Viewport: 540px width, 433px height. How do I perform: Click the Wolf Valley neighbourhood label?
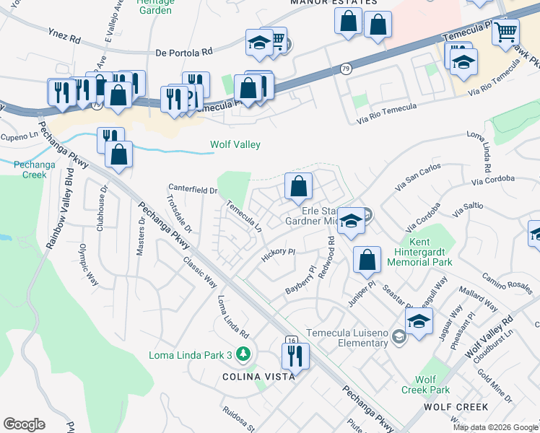tap(235, 145)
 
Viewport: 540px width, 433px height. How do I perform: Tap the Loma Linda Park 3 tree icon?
tap(244, 354)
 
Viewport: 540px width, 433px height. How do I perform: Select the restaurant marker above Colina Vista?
tap(295, 355)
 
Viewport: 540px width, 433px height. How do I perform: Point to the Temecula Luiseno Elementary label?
tap(347, 338)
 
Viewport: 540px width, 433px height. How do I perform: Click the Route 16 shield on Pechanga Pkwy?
tap(291, 340)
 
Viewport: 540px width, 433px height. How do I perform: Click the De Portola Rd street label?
tap(185, 52)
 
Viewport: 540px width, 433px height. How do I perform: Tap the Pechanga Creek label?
tap(30, 170)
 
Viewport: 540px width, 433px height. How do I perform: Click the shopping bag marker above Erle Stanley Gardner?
tap(298, 187)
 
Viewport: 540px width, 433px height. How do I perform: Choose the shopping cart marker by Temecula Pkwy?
tap(505, 31)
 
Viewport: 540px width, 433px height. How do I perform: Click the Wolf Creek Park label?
tap(433, 385)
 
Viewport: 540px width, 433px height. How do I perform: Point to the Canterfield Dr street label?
tap(193, 190)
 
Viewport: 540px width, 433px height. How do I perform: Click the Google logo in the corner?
tap(25, 424)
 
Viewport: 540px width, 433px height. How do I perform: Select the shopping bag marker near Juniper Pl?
tap(367, 260)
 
